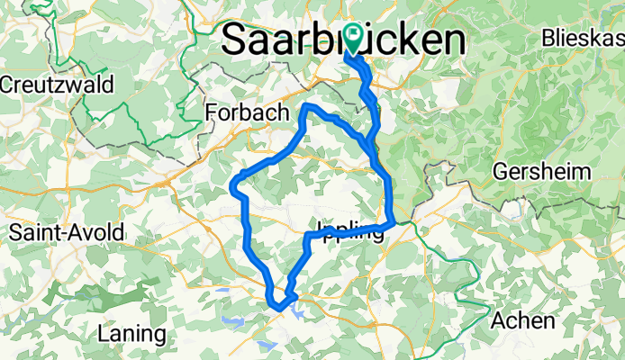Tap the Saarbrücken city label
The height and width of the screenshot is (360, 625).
tap(343, 40)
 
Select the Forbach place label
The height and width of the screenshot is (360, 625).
tap(247, 112)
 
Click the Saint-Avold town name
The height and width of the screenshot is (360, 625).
tap(67, 232)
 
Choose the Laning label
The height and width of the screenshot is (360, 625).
tap(132, 334)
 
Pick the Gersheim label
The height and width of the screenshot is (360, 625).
tap(541, 172)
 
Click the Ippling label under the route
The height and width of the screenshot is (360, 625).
tap(350, 229)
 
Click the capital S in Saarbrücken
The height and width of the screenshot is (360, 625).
tap(234, 40)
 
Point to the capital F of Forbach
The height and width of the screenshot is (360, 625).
tap(212, 112)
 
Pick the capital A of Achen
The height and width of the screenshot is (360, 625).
tap(498, 320)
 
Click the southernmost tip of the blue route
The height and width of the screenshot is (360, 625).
tap(280, 309)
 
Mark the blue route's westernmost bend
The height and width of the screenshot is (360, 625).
tap(233, 188)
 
